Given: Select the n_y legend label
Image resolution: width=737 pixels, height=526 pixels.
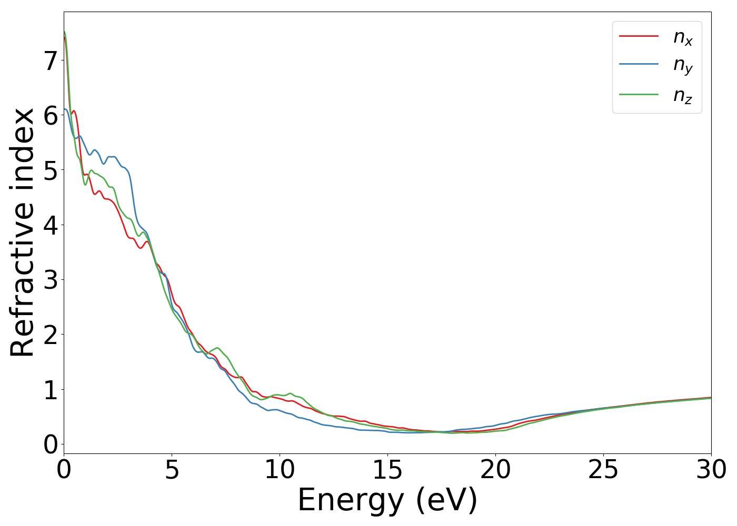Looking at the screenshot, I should (x=683, y=66).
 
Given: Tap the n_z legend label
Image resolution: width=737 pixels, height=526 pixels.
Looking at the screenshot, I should (x=683, y=95).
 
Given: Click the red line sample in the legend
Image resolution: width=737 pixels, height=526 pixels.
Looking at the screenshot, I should (x=639, y=36).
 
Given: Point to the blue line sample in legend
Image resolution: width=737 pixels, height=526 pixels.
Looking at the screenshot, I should (x=639, y=64).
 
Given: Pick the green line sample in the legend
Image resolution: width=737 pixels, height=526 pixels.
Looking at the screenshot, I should (x=639, y=94).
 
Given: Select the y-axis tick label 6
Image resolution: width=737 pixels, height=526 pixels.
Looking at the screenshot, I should (x=50, y=115).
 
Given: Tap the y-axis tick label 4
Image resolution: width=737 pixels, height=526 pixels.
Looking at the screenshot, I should (x=50, y=225).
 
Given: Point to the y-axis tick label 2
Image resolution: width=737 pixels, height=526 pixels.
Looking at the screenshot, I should (x=50, y=334).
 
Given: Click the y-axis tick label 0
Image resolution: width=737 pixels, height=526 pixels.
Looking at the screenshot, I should (x=50, y=444).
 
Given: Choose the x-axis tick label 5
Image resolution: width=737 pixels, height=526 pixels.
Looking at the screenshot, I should (x=172, y=470).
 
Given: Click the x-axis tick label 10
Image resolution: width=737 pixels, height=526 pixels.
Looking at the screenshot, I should (x=280, y=470).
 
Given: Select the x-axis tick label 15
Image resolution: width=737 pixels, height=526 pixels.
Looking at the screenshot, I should (x=387, y=470).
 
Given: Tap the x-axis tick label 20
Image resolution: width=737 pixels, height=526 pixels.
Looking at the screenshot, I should (x=495, y=470).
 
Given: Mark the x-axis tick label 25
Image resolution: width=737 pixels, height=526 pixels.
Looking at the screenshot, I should (x=603, y=470).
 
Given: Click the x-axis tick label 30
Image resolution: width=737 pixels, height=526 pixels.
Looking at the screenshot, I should (x=711, y=470).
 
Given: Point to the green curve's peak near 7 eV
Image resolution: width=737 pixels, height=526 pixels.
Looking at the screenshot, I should (x=217, y=348).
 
